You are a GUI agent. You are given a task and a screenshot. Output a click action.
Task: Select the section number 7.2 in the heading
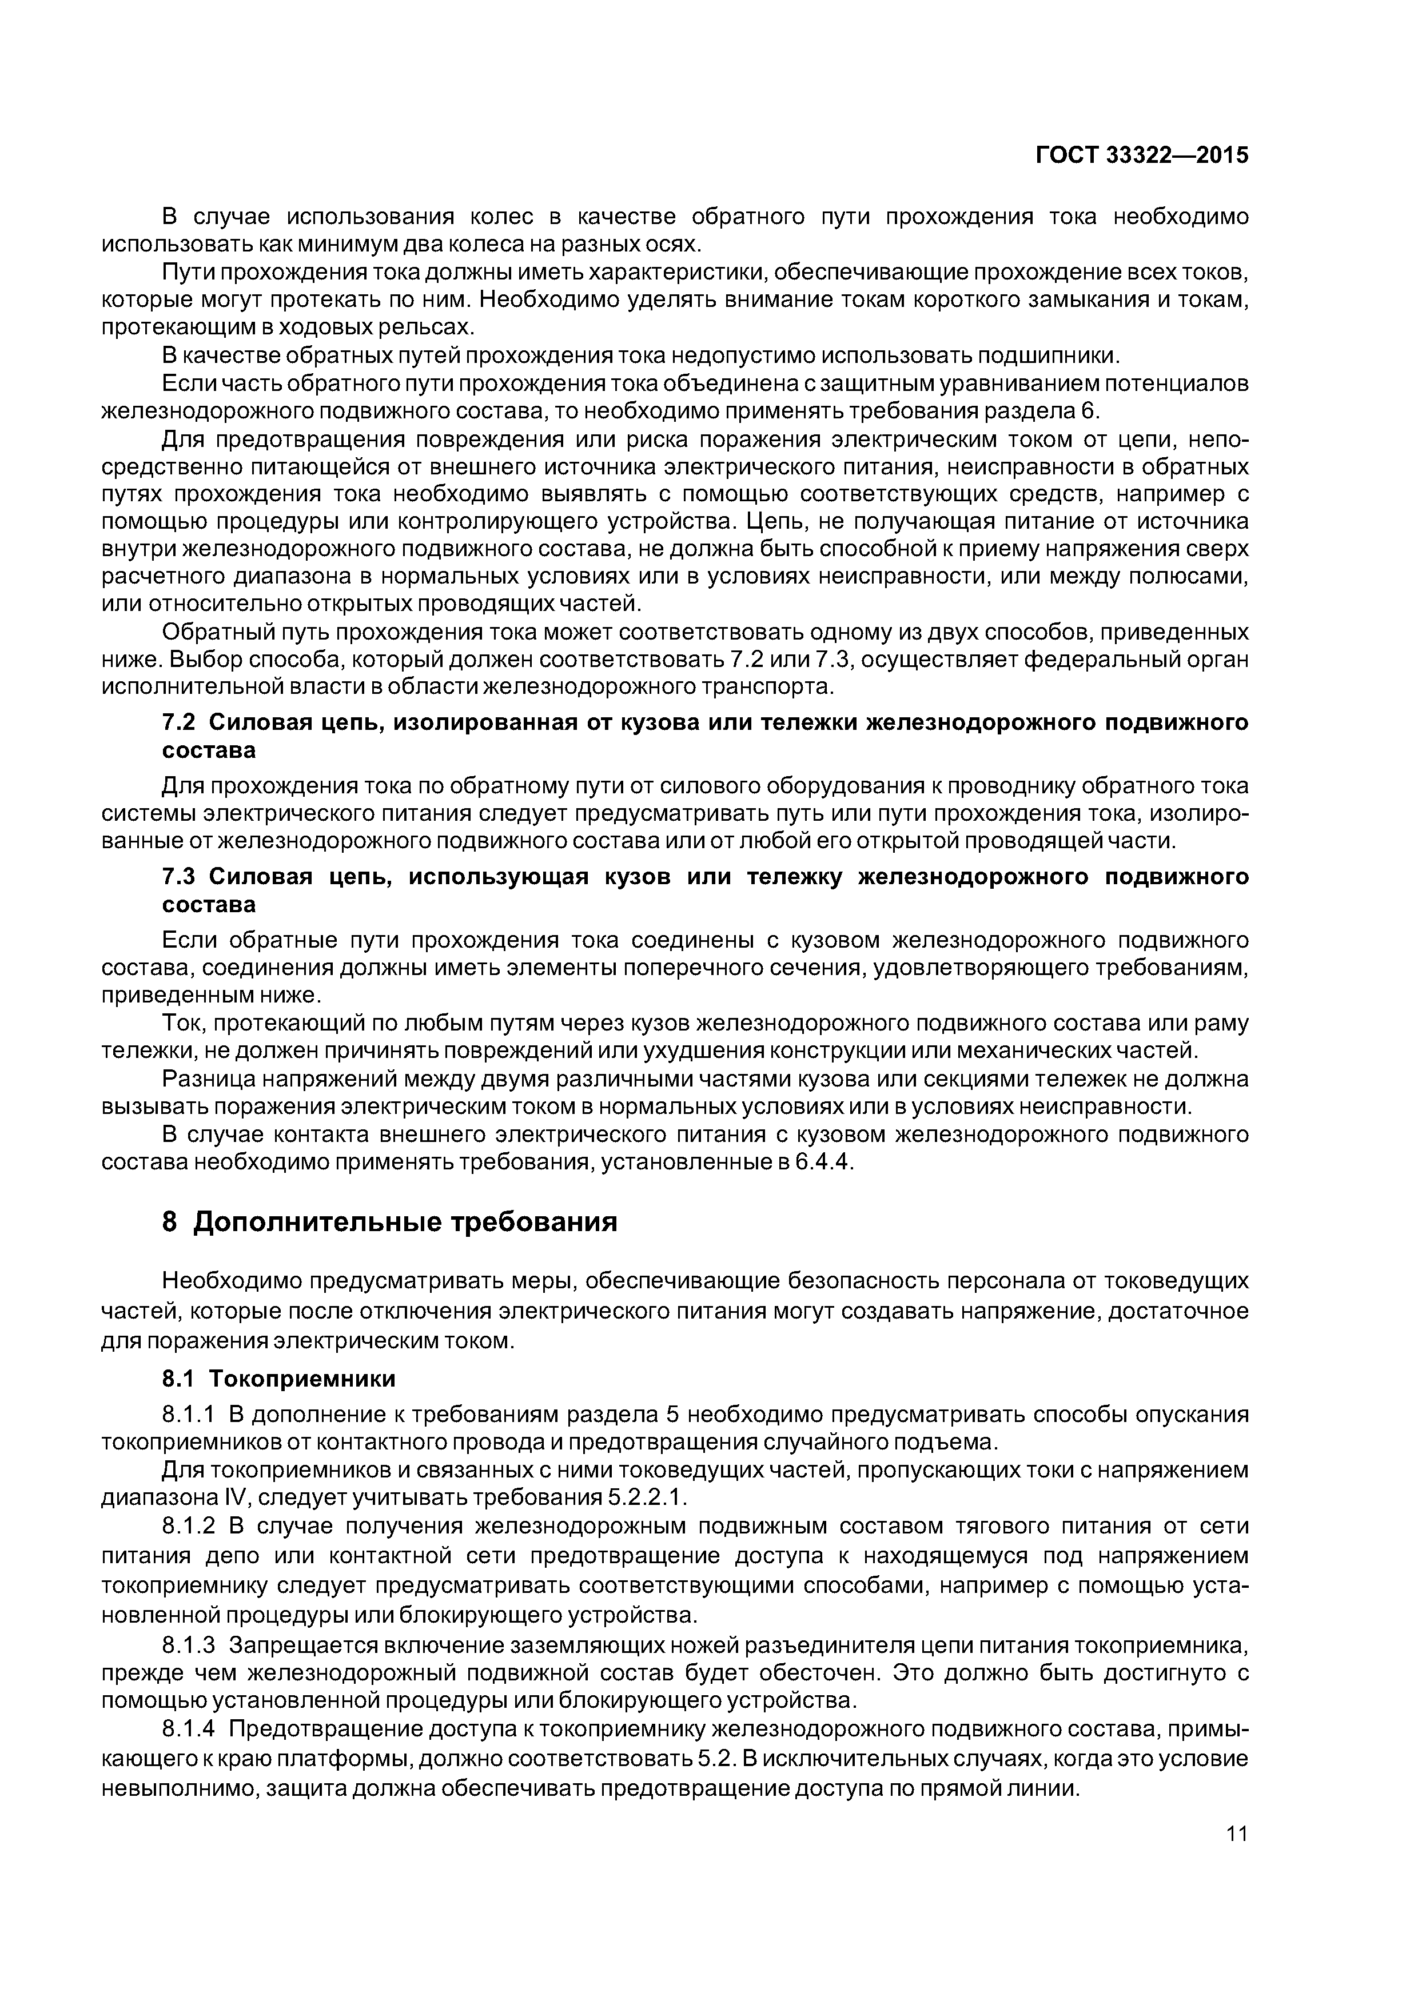tap(180, 723)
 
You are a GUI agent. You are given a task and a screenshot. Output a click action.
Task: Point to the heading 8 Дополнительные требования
tap(390, 1221)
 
